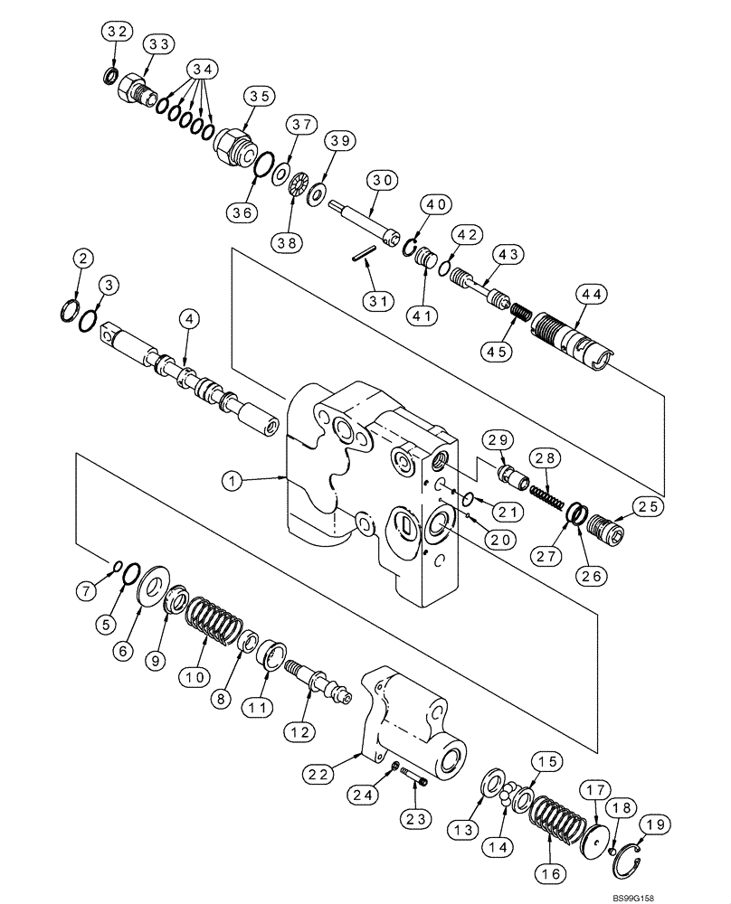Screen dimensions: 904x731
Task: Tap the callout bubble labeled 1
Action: (x=235, y=482)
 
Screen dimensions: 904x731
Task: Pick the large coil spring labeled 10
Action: (x=214, y=624)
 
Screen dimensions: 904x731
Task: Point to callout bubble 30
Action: (x=384, y=180)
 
